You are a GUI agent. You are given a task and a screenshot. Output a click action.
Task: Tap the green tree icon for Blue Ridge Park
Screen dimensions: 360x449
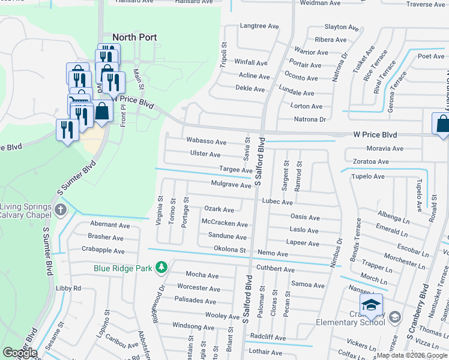coord(161,267)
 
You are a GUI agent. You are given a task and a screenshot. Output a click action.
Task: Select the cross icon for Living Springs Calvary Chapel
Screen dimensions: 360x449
coord(60,210)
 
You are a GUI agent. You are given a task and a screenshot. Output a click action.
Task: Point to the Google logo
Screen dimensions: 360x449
coord(20,353)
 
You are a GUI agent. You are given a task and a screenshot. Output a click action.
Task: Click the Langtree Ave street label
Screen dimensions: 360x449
coord(259,26)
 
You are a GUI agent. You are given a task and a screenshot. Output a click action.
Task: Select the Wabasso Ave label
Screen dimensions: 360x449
coord(206,142)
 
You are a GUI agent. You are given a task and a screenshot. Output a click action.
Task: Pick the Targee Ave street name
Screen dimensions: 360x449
coord(235,170)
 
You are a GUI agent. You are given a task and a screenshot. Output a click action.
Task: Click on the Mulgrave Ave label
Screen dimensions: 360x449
coord(231,185)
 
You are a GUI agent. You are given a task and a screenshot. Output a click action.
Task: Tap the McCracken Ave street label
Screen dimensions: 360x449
coord(224,224)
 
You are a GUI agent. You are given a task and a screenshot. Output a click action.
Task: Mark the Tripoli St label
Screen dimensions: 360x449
coord(223,55)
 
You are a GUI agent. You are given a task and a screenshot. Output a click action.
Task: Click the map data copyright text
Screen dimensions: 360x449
coord(412,355)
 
